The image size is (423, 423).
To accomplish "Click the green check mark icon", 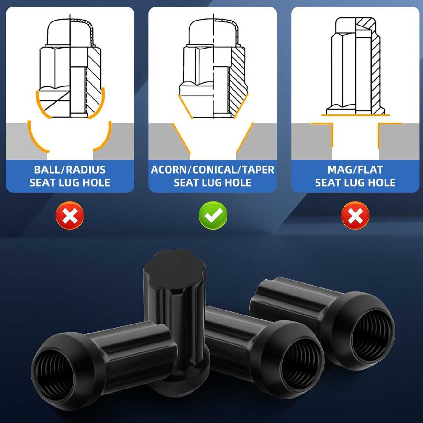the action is click(x=213, y=215).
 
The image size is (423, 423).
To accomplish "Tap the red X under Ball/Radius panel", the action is click(x=70, y=215).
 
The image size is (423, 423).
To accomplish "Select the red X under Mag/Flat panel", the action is click(x=355, y=215).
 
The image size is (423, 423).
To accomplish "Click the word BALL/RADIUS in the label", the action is click(x=70, y=170).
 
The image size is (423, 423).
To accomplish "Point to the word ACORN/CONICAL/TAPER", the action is click(x=213, y=170).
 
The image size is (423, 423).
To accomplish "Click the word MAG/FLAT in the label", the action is click(x=355, y=170).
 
